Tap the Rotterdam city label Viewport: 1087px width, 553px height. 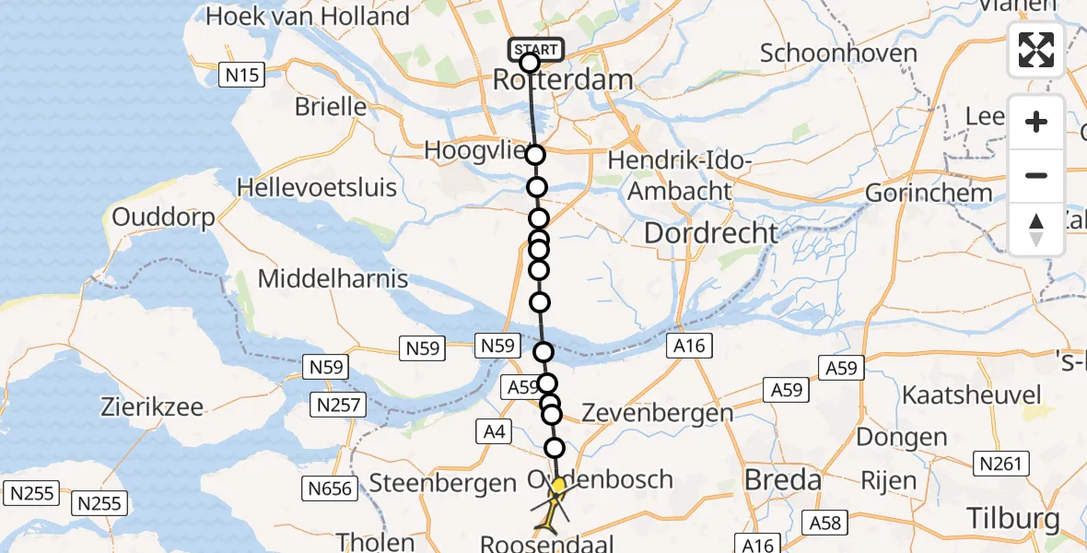point(563,80)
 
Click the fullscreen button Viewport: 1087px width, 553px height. point(1036,50)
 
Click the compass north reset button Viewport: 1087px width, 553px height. point(1036,229)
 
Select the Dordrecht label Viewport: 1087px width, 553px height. point(711,233)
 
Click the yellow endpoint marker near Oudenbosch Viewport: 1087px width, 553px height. point(558,485)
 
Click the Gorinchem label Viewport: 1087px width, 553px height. point(929,194)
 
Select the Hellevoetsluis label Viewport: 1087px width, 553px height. point(317,188)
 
